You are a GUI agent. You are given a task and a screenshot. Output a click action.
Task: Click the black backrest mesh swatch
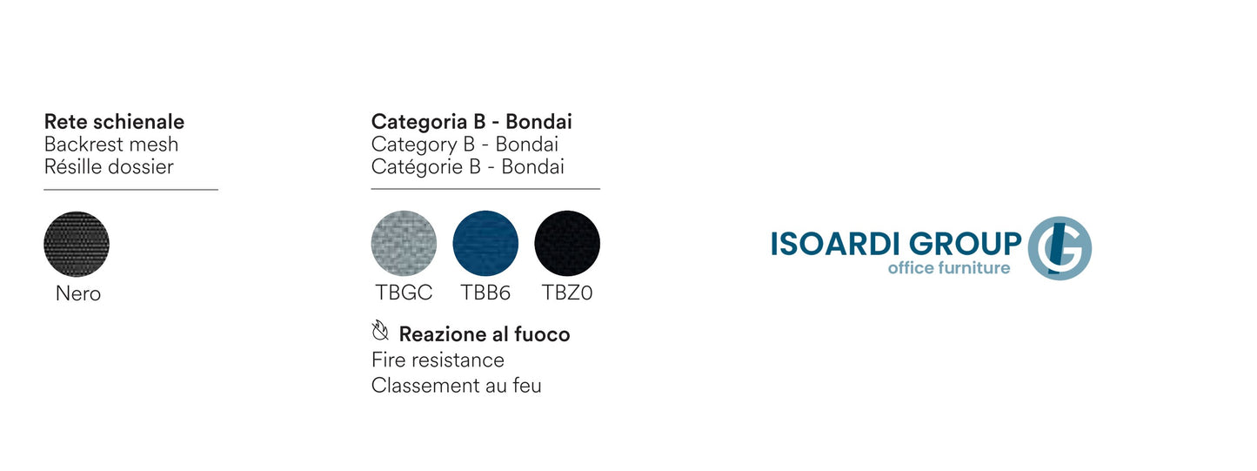pos(77,244)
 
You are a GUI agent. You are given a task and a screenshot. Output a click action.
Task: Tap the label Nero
pos(78,293)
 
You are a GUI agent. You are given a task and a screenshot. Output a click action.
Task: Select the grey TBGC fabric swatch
pos(404,243)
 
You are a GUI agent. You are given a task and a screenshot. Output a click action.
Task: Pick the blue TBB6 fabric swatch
pos(485,243)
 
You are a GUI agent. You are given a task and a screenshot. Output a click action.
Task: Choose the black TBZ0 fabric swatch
pos(567,243)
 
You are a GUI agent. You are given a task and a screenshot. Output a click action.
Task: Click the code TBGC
pos(404,293)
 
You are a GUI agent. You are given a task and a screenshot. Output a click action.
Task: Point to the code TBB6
pos(485,293)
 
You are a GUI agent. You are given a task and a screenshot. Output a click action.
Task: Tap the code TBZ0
pos(567,293)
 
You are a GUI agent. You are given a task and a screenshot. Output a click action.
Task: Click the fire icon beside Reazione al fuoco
pos(380,331)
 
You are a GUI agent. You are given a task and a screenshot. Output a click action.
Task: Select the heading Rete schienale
pos(115,121)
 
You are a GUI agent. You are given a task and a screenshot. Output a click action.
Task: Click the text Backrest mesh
pos(111,145)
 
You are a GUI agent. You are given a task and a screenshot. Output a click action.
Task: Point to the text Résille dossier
pos(109,167)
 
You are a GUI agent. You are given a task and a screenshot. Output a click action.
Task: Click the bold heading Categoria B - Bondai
pos(471,121)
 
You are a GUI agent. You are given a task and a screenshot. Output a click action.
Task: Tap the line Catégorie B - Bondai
pos(467,167)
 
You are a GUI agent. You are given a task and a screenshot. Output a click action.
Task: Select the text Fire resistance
pos(438,360)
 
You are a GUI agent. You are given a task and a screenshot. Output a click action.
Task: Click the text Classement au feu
pos(456,386)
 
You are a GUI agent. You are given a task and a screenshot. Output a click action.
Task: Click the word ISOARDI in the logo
pos(836,244)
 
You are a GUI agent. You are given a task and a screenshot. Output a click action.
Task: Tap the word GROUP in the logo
pos(966,244)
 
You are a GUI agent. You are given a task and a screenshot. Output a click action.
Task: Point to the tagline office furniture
pos(949,268)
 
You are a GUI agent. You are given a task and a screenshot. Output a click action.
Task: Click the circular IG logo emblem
pos(1060,248)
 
